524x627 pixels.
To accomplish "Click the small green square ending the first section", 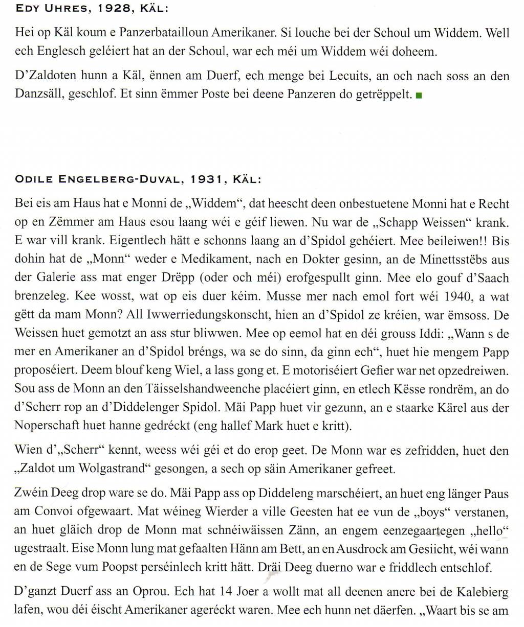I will pos(419,95).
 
